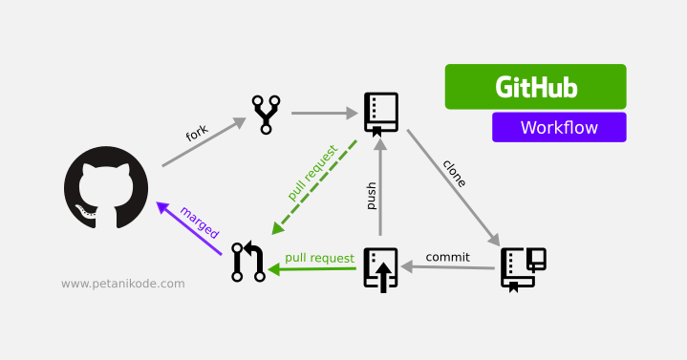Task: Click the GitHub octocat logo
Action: tap(106, 187)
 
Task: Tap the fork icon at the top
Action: tap(265, 114)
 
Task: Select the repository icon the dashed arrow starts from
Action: tap(380, 114)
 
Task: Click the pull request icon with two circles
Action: tap(247, 262)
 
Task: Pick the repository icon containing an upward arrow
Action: tap(380, 268)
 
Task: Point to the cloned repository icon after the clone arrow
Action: tap(523, 268)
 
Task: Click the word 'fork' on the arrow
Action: tap(197, 134)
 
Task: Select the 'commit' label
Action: tap(447, 257)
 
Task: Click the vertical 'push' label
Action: tap(371, 196)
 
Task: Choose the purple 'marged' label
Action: tap(199, 222)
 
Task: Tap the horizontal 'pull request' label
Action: tap(319, 258)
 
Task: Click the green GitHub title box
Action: tap(535, 87)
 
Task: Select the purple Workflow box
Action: tap(559, 127)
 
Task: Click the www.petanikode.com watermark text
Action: tap(123, 284)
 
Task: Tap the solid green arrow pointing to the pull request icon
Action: tap(314, 270)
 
